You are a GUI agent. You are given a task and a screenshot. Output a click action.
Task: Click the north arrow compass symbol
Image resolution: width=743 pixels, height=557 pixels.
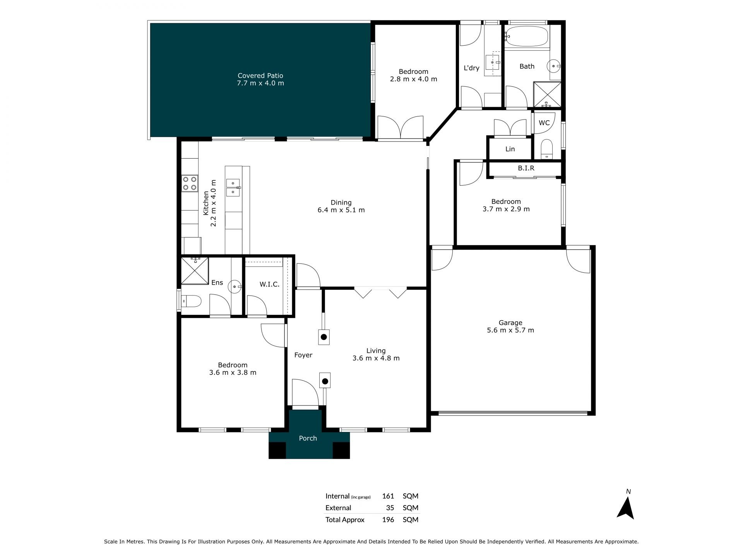(625, 508)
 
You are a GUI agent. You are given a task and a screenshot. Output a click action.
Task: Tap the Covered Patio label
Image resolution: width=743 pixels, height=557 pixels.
(260, 75)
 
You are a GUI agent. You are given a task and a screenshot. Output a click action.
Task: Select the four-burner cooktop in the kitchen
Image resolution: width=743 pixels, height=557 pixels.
(190, 183)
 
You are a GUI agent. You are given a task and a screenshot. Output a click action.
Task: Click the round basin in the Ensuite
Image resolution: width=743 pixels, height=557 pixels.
(235, 287)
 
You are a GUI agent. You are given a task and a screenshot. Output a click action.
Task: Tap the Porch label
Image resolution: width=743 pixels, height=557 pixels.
(308, 438)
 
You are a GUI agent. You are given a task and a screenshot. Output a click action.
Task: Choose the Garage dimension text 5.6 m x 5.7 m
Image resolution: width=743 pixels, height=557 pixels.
(510, 330)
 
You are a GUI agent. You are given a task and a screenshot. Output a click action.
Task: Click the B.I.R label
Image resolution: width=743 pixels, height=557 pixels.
(526, 168)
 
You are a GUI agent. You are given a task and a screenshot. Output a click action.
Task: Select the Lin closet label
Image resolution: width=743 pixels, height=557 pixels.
(510, 149)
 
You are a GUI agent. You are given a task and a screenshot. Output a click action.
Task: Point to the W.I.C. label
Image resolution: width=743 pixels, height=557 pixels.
(269, 284)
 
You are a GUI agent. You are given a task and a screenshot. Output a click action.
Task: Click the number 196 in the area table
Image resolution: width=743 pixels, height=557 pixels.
(388, 520)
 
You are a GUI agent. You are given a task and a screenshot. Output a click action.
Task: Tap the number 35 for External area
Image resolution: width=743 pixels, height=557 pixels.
(390, 508)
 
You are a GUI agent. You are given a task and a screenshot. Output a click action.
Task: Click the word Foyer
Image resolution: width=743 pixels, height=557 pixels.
(303, 355)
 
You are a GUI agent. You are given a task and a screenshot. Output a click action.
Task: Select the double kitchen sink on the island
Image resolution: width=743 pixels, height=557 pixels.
(233, 187)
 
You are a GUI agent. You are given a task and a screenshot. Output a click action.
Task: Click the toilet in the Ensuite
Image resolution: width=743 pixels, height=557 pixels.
(192, 301)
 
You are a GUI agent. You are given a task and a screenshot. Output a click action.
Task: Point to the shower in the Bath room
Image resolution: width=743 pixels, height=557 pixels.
(547, 94)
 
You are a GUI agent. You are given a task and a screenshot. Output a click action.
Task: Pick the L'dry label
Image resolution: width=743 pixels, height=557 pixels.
(472, 68)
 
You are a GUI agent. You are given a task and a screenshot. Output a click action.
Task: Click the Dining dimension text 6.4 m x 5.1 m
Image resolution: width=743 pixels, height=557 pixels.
(341, 210)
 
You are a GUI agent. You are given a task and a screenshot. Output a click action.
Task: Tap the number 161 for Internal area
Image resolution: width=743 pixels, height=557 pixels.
(388, 496)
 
